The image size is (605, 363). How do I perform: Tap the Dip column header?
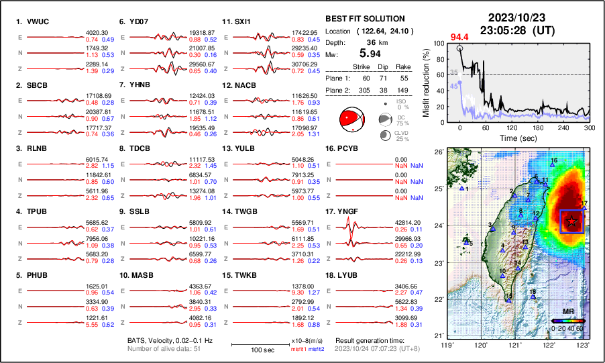click(x=385, y=66)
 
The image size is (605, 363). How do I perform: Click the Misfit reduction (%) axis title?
click(x=427, y=81)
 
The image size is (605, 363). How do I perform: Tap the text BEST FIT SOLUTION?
click(x=364, y=19)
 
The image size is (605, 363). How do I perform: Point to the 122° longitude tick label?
click(x=549, y=344)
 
